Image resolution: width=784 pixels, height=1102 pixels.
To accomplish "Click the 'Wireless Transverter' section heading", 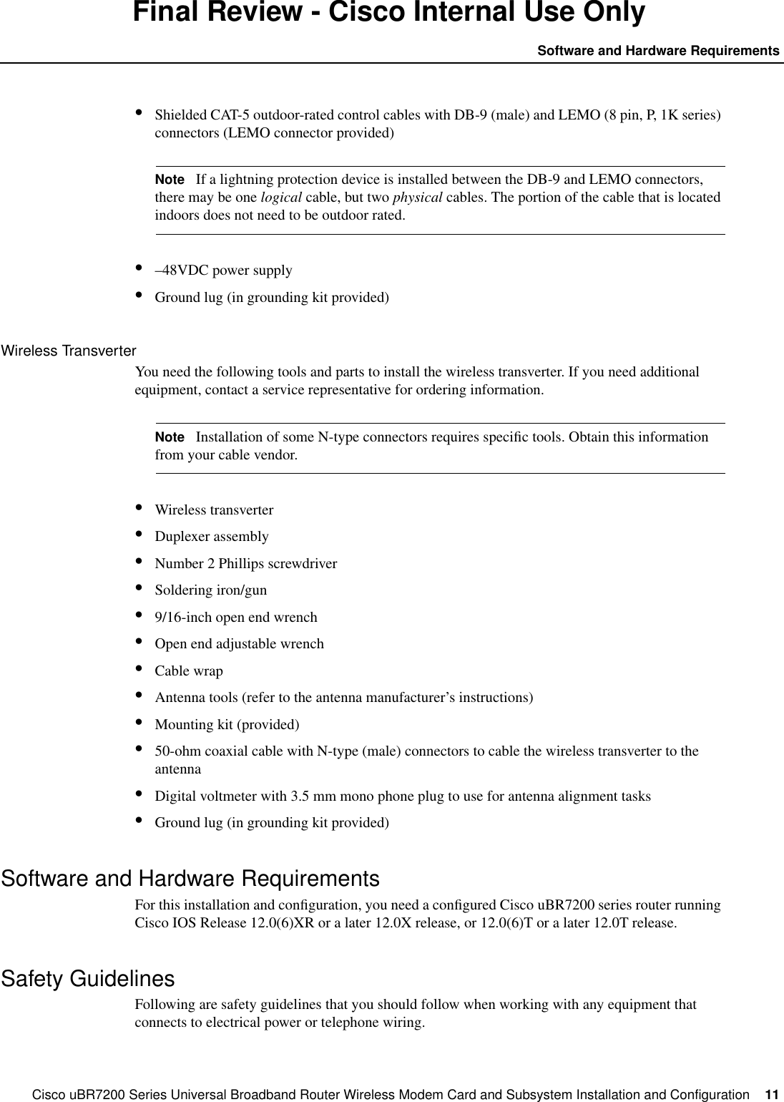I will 69,351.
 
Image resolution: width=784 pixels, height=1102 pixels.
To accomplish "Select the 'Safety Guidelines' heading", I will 88,978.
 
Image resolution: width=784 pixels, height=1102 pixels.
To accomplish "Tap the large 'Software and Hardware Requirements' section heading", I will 190,878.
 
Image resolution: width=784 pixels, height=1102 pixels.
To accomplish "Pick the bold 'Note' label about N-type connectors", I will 170,437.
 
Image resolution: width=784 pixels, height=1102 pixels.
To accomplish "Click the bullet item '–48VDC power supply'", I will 223,270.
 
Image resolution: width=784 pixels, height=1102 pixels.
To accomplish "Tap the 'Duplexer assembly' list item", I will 212,537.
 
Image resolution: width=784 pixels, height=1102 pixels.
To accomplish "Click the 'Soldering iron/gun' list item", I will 211,590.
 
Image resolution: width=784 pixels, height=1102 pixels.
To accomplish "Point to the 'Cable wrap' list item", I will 189,671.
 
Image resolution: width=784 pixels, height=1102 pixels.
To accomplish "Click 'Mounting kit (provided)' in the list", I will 227,724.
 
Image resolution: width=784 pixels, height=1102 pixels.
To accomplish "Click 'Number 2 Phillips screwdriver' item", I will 246,563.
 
